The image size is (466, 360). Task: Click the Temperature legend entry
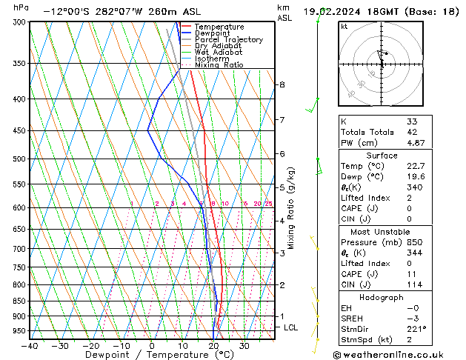tap(221, 27)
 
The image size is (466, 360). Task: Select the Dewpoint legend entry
tap(215, 33)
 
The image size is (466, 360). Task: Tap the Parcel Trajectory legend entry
tap(228, 40)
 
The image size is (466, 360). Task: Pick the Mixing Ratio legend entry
tap(219, 65)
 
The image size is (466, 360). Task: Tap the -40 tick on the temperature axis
tap(30, 346)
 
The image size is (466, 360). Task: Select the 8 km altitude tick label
tap(282, 84)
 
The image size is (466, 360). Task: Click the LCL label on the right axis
tap(291, 327)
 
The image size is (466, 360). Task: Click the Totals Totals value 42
tap(413, 132)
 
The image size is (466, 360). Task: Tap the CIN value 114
tap(413, 284)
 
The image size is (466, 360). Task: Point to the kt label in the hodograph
tap(344, 26)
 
